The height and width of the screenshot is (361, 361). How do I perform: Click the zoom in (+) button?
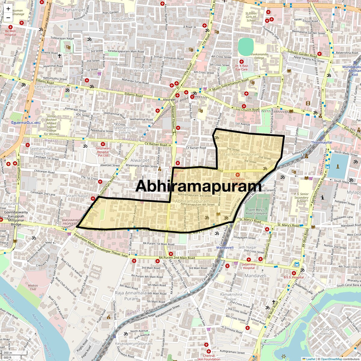coord(8,9)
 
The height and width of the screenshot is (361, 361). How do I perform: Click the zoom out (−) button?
coord(8,17)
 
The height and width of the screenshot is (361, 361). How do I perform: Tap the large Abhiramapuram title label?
coord(198,186)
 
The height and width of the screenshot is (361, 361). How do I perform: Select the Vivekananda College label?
coord(251,56)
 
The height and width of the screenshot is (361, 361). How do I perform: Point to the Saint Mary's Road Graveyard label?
coord(257,211)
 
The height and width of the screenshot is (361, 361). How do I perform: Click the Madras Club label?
coord(33,287)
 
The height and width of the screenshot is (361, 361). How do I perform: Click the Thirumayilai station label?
coord(321,142)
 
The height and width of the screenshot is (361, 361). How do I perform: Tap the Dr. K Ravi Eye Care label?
coord(241,67)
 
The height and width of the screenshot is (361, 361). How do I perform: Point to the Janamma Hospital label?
coord(248,266)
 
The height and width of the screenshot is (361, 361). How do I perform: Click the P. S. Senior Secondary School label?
coord(301,197)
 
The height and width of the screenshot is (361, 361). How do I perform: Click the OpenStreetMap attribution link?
coord(332,359)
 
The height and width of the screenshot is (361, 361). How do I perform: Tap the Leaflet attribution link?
coord(311,359)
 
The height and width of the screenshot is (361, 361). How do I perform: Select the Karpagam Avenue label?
coord(326,331)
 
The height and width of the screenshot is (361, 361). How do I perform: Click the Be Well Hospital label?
coord(10,33)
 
